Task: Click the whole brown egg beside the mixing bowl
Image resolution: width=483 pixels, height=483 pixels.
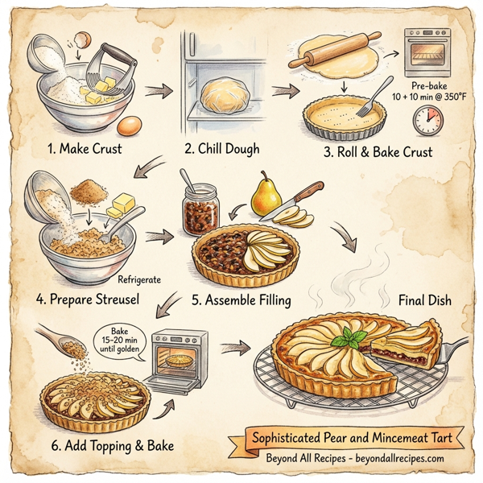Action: tap(130, 125)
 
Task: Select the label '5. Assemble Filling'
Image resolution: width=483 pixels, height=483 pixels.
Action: tap(241, 300)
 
